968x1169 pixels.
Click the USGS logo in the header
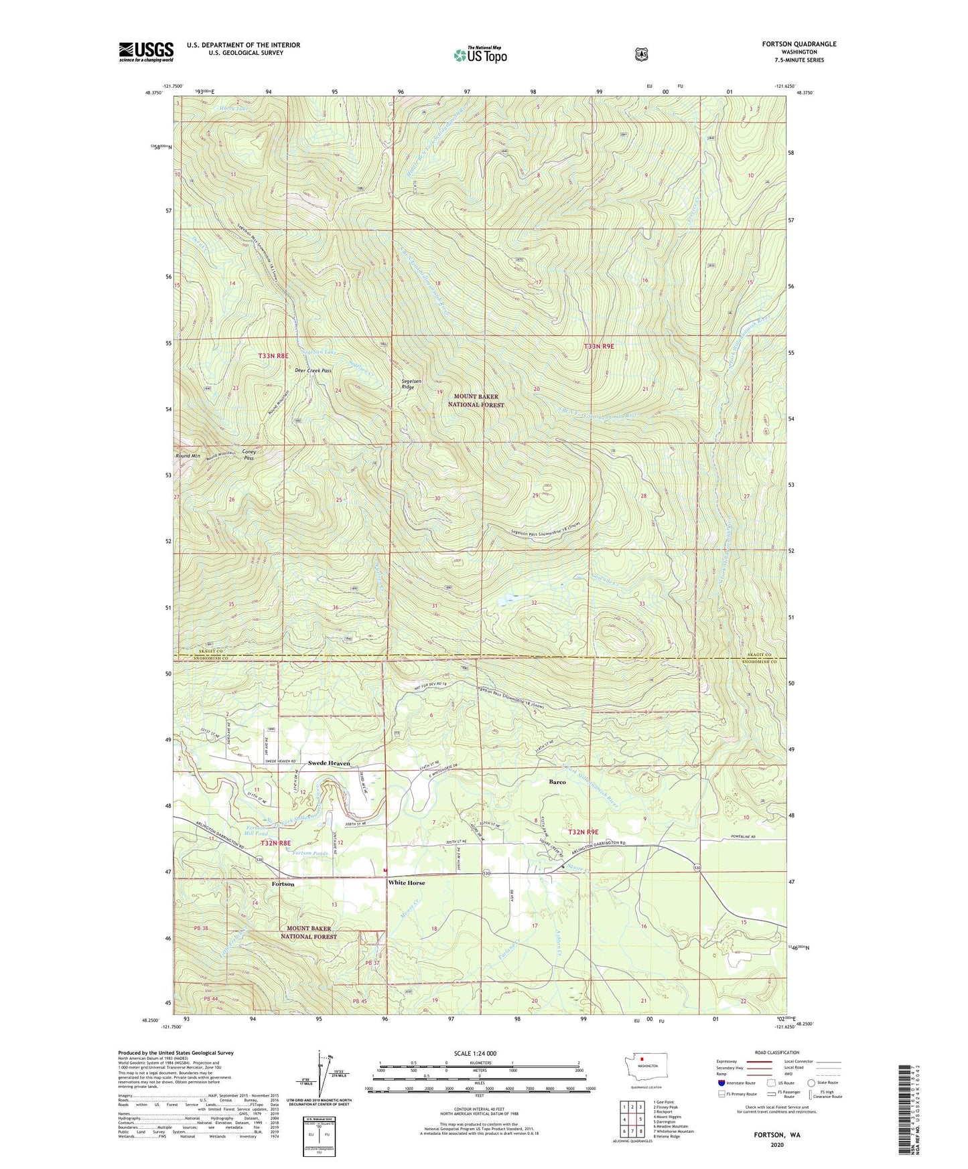(x=146, y=52)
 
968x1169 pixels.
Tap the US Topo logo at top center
(x=479, y=55)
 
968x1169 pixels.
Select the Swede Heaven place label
(x=329, y=763)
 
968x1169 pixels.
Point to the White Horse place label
(x=407, y=883)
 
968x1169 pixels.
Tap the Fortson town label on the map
(x=283, y=884)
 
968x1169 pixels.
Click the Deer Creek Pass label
(x=314, y=370)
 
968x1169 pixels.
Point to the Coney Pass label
(x=249, y=455)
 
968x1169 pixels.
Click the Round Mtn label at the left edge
(x=188, y=456)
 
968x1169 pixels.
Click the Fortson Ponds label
(x=311, y=853)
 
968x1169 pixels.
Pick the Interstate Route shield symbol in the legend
(x=721, y=1083)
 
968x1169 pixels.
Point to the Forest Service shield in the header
(x=641, y=54)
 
